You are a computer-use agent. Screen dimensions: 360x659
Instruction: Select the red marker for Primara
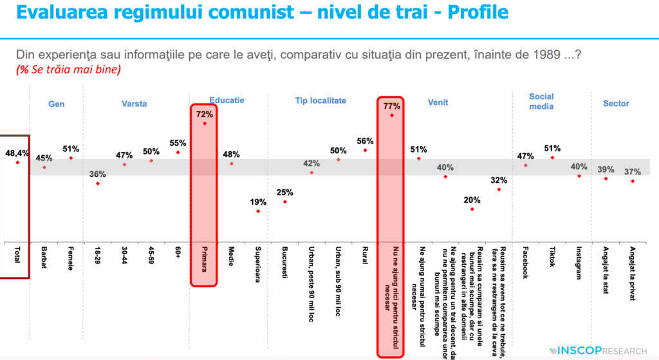205,122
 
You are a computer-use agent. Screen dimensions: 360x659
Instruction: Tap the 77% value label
391,106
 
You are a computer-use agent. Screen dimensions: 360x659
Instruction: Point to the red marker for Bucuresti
285,202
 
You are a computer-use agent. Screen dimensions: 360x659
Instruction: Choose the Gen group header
57,103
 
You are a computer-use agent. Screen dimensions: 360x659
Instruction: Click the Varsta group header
135,103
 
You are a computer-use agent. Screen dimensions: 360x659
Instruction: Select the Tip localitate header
320,101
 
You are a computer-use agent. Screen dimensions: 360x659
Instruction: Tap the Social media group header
541,101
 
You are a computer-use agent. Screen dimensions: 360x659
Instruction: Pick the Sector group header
616,103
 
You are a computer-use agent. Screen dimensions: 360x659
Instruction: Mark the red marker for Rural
365,150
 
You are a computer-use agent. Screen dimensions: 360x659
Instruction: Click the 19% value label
258,202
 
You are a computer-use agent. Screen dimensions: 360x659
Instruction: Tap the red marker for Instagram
579,176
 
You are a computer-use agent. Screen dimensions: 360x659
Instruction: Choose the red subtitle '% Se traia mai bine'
68,69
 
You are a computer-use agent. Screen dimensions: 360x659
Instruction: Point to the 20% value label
472,200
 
